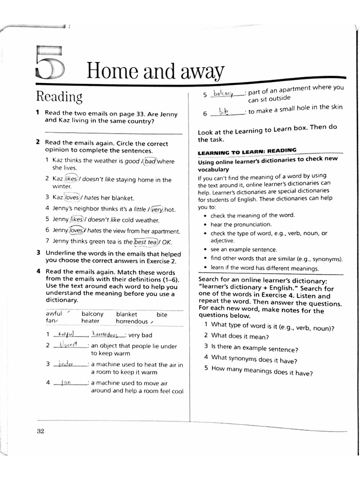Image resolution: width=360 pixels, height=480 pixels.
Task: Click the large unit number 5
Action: [x=49, y=63]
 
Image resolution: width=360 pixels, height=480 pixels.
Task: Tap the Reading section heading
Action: [x=59, y=97]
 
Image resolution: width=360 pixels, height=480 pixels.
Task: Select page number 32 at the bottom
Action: [x=40, y=431]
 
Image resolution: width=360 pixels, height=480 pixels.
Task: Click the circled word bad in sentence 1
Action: [x=150, y=161]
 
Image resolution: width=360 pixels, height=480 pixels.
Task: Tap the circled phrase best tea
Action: [x=145, y=242]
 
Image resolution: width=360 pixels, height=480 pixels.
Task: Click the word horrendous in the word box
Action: [x=132, y=322]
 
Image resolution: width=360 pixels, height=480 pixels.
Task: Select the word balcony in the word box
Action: [x=92, y=314]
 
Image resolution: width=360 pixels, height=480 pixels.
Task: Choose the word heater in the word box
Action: [x=90, y=322]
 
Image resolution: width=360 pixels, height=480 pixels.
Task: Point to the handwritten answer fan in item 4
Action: [x=66, y=382]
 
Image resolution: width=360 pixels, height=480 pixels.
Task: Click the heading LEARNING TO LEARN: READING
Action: [x=247, y=151]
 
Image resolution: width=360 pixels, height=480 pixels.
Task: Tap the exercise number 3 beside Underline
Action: [x=38, y=253]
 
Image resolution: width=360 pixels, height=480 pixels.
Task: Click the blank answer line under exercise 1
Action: [x=112, y=134]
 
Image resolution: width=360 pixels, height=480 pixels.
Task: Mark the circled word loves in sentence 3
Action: [x=72, y=198]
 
